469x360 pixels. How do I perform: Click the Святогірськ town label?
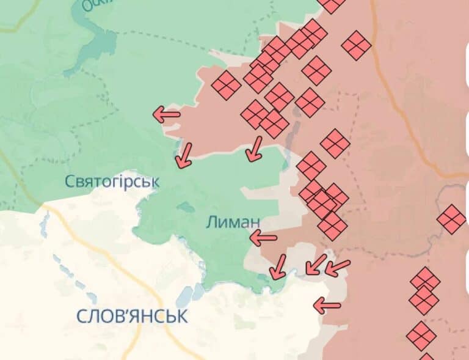point(112,182)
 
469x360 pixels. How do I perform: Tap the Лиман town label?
point(233,222)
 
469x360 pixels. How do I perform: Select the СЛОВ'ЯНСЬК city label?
point(132,316)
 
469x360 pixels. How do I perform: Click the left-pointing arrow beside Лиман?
point(263,237)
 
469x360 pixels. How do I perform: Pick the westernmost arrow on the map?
point(166,114)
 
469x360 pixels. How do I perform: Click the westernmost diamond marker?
point(226,85)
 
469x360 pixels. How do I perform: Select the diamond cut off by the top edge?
point(332,4)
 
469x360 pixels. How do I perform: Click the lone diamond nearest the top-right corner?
point(356,45)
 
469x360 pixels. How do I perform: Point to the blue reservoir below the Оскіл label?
point(104,43)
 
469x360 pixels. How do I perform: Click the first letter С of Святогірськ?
point(69,182)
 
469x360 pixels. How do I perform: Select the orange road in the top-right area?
point(391,92)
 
